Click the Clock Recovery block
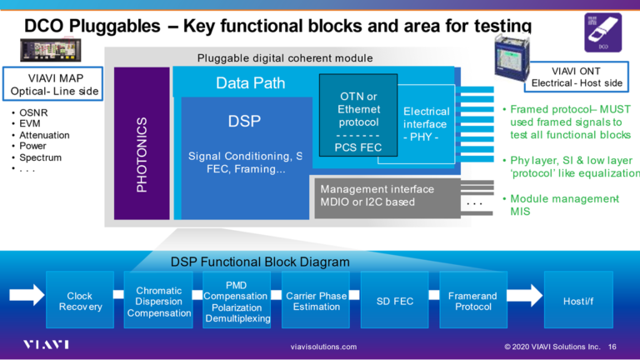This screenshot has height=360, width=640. pos(80,301)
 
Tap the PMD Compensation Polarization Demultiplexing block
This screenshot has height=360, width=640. pos(236,301)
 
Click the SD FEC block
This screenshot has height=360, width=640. pos(394,301)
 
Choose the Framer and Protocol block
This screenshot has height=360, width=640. pos(472,301)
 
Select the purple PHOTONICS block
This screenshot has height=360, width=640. pos(142,143)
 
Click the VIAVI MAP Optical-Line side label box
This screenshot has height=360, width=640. pos(52,83)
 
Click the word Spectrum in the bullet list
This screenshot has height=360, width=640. pos(41,157)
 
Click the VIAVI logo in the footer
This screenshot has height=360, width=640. pos(46,345)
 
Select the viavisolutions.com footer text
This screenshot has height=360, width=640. pos(323,347)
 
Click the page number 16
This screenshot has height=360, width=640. pos(612,347)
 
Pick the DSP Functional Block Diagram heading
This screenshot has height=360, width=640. pos(260,262)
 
